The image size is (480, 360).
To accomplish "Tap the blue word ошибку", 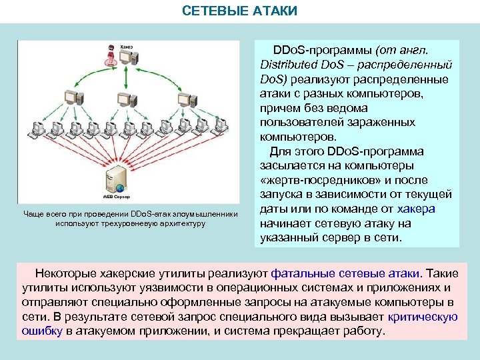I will (x=42, y=331).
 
